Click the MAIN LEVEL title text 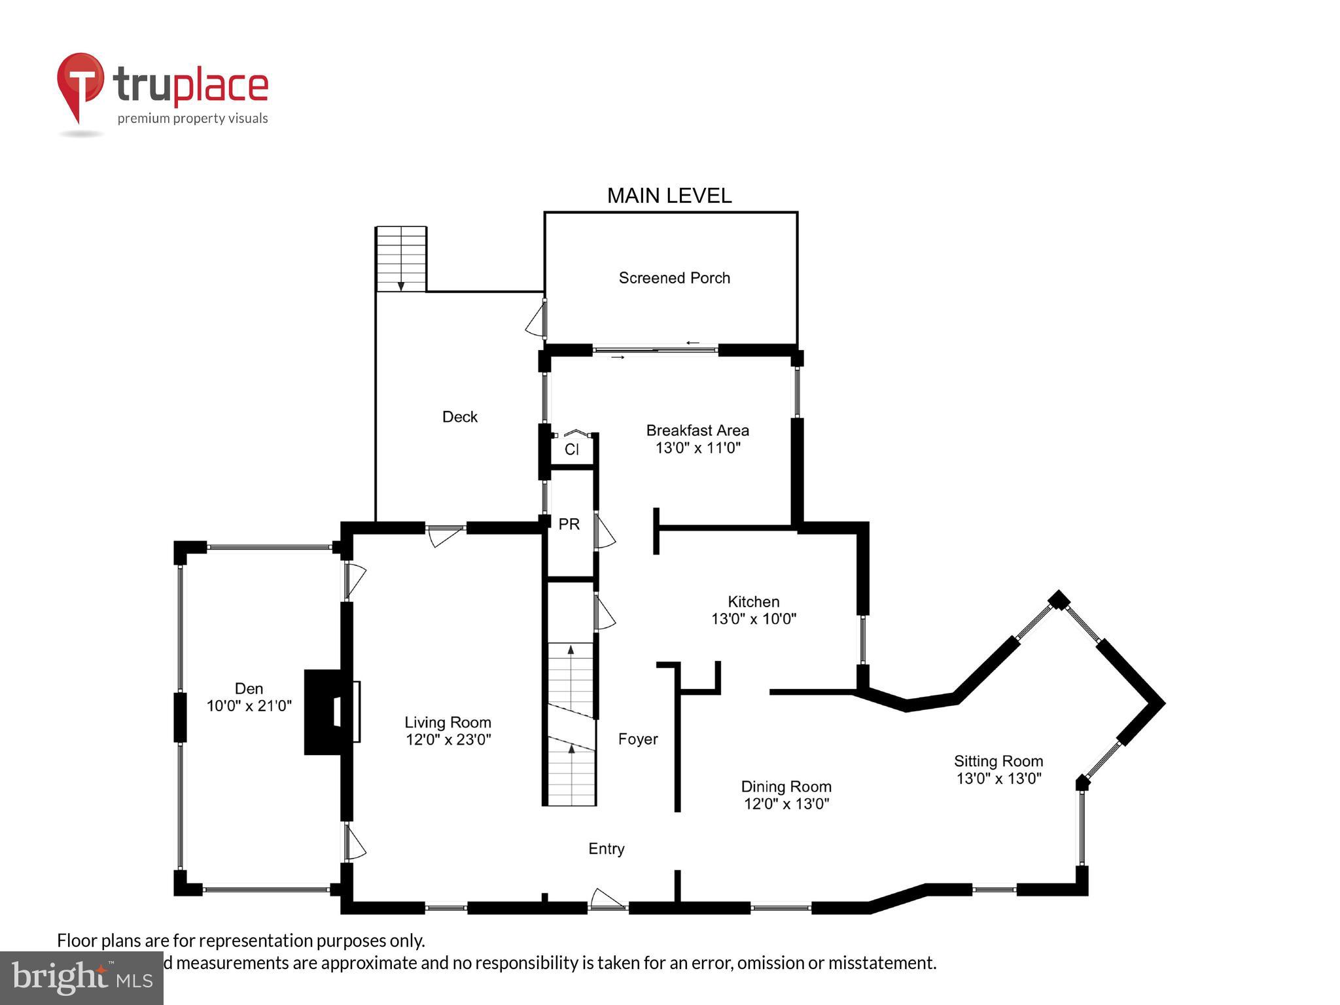point(669,196)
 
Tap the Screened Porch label point(674,278)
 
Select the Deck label point(459,417)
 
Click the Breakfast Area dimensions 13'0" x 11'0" point(697,448)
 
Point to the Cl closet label point(571,450)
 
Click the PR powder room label point(569,524)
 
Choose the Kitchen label point(753,601)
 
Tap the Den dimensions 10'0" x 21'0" point(249,706)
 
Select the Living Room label point(448,722)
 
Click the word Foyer point(637,739)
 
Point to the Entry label point(606,849)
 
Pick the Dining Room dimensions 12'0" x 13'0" point(786,804)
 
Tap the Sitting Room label point(998,761)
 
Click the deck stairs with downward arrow point(401,259)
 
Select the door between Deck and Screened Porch point(537,319)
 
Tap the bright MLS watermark point(81,978)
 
